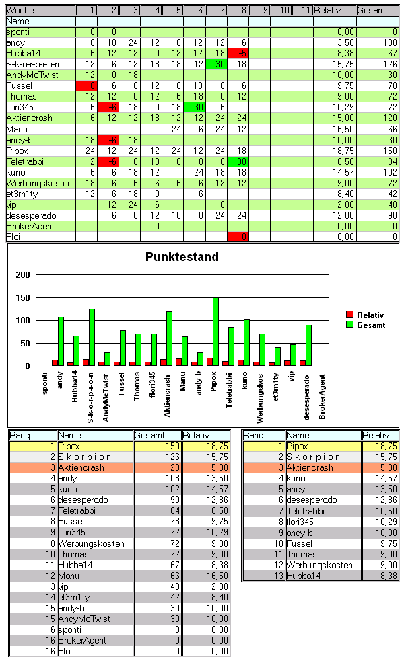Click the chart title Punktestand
[x=182, y=257]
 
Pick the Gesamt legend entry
[x=371, y=325]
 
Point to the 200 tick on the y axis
[x=23, y=275]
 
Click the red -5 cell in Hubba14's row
[x=238, y=54]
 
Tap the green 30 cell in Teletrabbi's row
[x=238, y=161]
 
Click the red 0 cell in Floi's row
[x=238, y=237]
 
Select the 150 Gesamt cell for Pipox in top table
[x=377, y=151]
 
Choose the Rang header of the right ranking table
[x=263, y=436]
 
